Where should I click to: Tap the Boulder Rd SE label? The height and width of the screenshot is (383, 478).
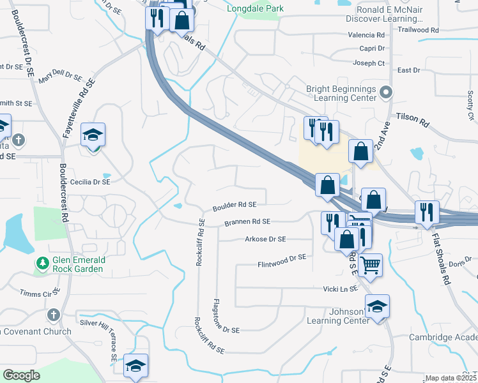coord(235,205)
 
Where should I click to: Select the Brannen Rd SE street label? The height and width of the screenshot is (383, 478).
coord(248,222)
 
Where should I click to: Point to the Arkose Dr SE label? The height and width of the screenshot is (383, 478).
coord(265,239)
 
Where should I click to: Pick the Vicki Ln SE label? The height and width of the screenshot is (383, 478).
coord(339,289)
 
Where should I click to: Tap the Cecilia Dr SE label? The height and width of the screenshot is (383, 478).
coord(90,181)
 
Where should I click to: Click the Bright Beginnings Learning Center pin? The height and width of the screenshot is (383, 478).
coord(385,93)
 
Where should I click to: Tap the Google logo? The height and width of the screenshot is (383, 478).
coord(21,375)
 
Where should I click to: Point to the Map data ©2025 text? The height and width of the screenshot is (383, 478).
coord(451,378)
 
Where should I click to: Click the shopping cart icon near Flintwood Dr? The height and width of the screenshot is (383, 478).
coord(371,264)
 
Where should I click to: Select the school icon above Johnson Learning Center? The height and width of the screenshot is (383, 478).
coord(377,306)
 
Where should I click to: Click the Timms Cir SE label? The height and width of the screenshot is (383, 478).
coord(40,292)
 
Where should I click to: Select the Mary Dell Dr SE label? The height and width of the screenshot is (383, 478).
coord(61,78)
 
